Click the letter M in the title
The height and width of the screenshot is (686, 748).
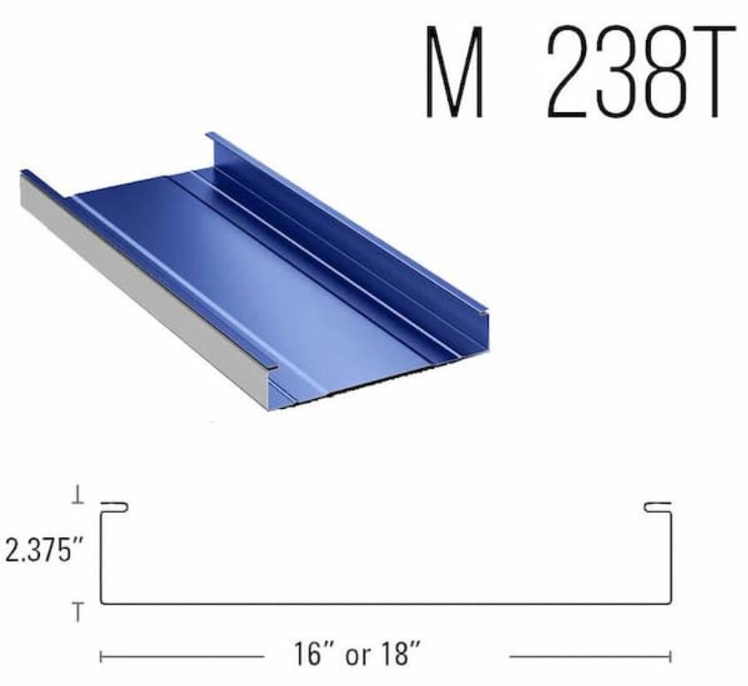coord(455,72)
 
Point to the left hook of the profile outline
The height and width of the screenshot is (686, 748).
coord(115,507)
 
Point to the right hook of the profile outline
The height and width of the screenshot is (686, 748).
coord(657,507)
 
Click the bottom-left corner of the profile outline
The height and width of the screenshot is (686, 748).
coord(101,603)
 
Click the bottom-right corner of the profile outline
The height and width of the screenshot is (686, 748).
coord(671,603)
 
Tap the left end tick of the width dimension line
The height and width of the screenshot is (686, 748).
coord(101,657)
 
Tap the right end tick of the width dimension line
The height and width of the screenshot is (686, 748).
coord(670,657)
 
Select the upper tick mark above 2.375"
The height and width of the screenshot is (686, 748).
coord(78,499)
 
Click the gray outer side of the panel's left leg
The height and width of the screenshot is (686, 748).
coord(141,283)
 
